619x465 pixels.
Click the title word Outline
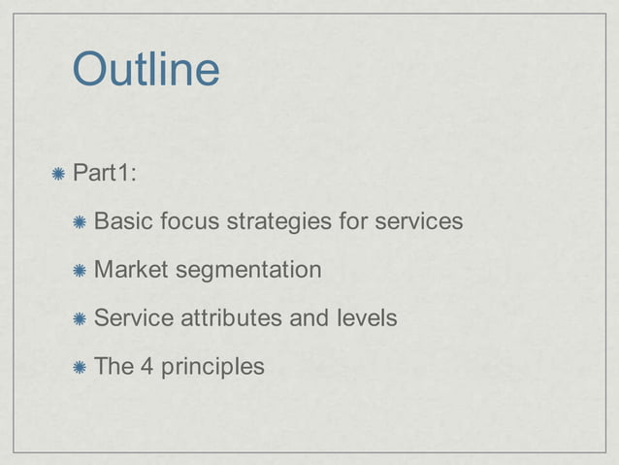pos(147,71)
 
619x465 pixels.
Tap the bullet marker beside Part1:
pos(59,174)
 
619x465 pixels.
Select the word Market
pos(131,269)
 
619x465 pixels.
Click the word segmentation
pos(248,270)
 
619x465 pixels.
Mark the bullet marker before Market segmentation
pos(81,269)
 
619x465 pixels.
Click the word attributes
pos(222,317)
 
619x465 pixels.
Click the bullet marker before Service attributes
pos(81,317)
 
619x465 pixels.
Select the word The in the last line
pos(114,366)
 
